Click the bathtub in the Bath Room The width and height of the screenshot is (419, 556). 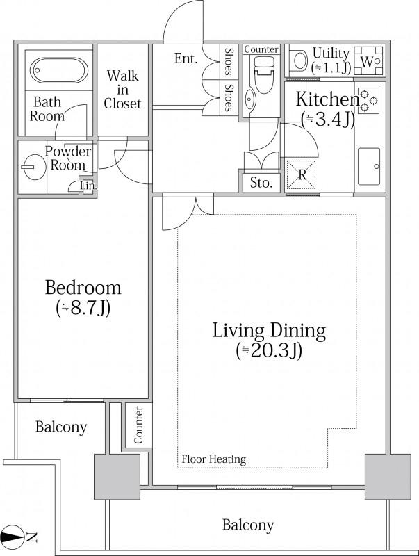pyautogui.click(x=59, y=70)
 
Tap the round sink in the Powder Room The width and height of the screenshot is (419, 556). pyautogui.click(x=33, y=167)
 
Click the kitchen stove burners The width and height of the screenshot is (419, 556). pyautogui.click(x=369, y=101)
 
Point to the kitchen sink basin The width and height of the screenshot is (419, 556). pyautogui.click(x=369, y=166)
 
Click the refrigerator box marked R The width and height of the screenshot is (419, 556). pyautogui.click(x=301, y=175)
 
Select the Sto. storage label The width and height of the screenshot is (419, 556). pyautogui.click(x=261, y=183)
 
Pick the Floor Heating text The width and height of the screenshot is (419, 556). pyautogui.click(x=214, y=459)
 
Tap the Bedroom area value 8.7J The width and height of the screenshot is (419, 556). pyautogui.click(x=83, y=308)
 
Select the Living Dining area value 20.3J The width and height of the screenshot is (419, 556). pyautogui.click(x=269, y=351)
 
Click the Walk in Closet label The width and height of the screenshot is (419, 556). pyautogui.click(x=122, y=90)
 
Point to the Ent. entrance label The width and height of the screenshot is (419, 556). pyautogui.click(x=186, y=58)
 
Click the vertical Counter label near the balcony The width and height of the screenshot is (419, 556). pyautogui.click(x=138, y=425)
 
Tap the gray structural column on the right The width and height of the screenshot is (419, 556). pyautogui.click(x=388, y=477)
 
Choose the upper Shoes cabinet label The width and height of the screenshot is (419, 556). pyautogui.click(x=229, y=61)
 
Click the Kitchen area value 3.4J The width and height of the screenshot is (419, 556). pyautogui.click(x=327, y=120)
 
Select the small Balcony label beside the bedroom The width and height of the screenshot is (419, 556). pyautogui.click(x=61, y=427)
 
